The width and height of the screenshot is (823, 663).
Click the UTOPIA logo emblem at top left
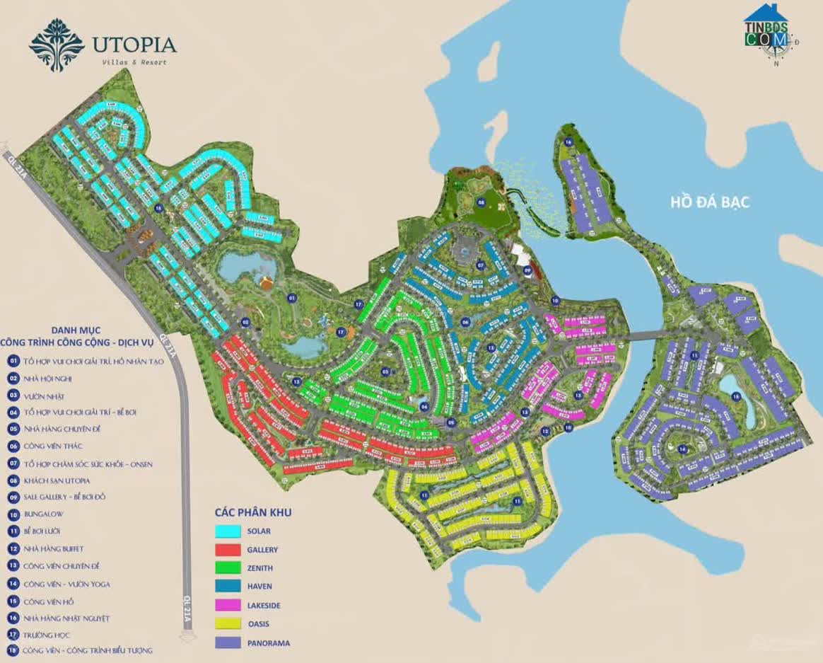click(x=57, y=45)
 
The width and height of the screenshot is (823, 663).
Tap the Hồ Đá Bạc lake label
click(x=709, y=202)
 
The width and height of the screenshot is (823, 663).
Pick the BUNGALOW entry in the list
click(x=47, y=514)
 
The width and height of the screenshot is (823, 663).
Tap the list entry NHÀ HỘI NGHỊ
click(x=52, y=379)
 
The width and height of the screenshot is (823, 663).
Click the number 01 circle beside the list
click(x=13, y=361)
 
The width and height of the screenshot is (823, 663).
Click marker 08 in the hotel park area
click(x=481, y=202)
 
